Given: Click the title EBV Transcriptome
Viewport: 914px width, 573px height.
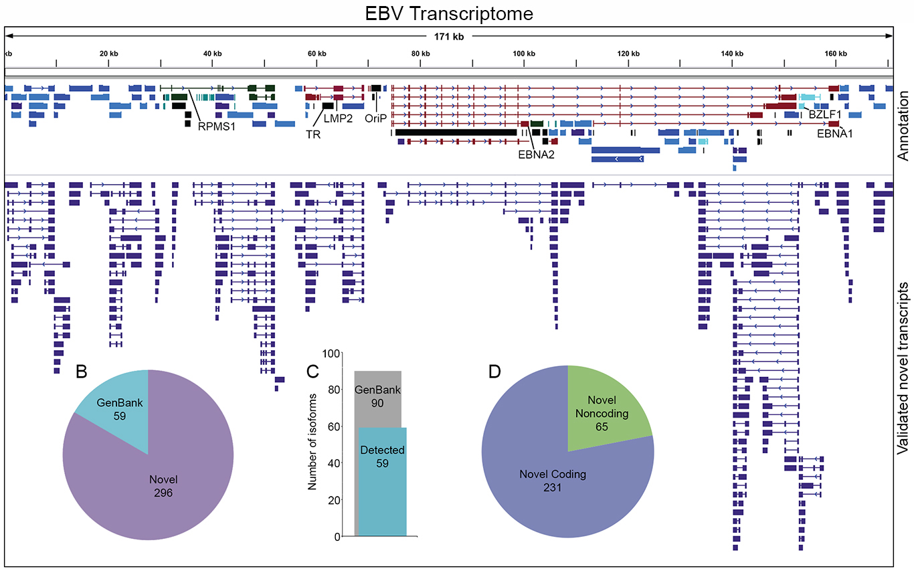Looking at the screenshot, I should (449, 13).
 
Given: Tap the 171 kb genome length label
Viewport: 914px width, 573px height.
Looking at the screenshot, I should (449, 36).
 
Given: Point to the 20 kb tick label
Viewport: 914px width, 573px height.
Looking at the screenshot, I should (108, 54).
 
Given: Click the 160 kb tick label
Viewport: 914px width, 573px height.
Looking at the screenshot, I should (836, 54).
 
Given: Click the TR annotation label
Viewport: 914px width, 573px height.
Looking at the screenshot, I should (312, 135).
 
